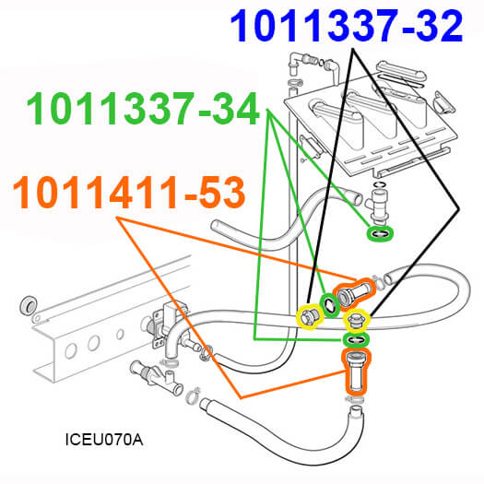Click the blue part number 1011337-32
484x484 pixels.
347,26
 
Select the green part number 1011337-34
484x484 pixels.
143,109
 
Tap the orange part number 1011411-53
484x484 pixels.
129,193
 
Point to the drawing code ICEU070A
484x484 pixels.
104,440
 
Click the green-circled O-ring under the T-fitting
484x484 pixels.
380,234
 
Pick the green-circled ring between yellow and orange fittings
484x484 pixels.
330,305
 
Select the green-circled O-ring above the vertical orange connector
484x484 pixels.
356,340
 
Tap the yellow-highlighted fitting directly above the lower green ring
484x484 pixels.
355,321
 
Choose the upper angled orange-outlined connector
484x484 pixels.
353,293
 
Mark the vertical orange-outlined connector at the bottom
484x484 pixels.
356,372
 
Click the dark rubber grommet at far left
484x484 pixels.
29,305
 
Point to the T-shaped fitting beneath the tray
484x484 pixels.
377,207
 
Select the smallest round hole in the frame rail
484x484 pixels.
120,334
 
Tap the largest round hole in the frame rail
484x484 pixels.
71,350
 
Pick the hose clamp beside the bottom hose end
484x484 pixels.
194,396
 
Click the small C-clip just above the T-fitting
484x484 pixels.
379,184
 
